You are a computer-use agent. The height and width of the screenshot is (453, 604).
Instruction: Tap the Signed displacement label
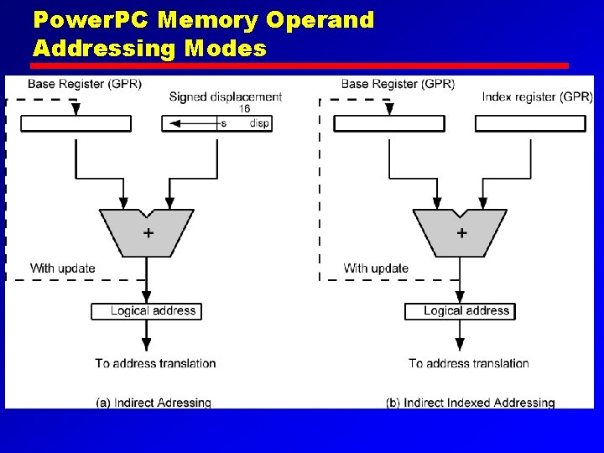[x=226, y=97]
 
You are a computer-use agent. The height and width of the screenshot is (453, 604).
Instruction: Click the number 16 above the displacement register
[x=245, y=109]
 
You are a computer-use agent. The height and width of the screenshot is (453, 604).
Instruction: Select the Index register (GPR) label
[x=538, y=97]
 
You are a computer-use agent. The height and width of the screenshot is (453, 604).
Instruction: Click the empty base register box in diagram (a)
[x=75, y=123]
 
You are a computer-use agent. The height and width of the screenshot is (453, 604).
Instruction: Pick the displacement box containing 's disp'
[x=216, y=123]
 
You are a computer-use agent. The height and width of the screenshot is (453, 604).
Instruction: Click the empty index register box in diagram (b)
[x=530, y=123]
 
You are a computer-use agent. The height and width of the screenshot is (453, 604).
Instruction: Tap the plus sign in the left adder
[x=148, y=233]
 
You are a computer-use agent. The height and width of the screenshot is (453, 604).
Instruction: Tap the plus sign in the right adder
[x=461, y=233]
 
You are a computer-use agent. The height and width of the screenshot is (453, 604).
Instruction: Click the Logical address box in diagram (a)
[x=146, y=311]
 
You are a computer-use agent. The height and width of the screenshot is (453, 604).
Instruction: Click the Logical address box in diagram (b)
[x=460, y=311]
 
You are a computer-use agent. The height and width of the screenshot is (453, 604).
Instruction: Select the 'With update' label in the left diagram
[x=63, y=268]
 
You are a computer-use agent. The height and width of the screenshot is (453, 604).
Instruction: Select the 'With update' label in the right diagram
[x=376, y=268]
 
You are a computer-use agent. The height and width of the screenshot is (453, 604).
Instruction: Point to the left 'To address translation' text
[x=155, y=363]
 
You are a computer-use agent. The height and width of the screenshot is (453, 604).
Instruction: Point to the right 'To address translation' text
[x=469, y=363]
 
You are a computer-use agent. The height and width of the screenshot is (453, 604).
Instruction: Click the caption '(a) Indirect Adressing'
[x=154, y=403]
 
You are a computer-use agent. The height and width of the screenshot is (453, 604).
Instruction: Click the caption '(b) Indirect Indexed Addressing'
[x=471, y=403]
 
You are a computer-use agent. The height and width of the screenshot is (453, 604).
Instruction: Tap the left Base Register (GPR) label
[x=84, y=84]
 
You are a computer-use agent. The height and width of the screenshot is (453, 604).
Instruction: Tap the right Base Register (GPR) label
[x=398, y=84]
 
